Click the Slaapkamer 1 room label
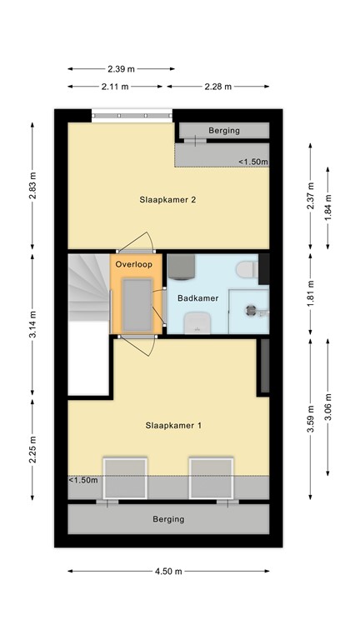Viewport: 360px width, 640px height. [x=168, y=426]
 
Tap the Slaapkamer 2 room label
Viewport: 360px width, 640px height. [x=168, y=200]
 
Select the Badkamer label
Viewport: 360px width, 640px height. [x=197, y=296]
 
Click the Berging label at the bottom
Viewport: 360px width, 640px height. [x=168, y=519]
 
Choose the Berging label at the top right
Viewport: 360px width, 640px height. [x=223, y=131]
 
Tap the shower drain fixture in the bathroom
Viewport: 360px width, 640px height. [x=250, y=309]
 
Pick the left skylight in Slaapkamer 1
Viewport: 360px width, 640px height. [x=124, y=478]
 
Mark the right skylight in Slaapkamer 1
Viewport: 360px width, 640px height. [x=210, y=478]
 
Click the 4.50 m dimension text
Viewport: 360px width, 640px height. [x=168, y=571]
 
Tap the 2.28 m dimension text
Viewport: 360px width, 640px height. [x=218, y=86]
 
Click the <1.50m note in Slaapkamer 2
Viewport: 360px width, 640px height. [x=253, y=162]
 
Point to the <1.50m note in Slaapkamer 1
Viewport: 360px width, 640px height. [x=83, y=480]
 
